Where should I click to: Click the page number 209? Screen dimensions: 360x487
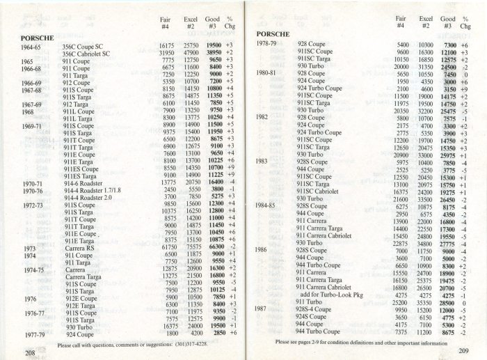[x=464, y=350]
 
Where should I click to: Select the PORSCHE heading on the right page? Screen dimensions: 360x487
[x=277, y=33]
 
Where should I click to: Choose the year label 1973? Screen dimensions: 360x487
[x=29, y=247]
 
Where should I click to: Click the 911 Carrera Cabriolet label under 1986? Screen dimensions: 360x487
[x=332, y=286]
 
